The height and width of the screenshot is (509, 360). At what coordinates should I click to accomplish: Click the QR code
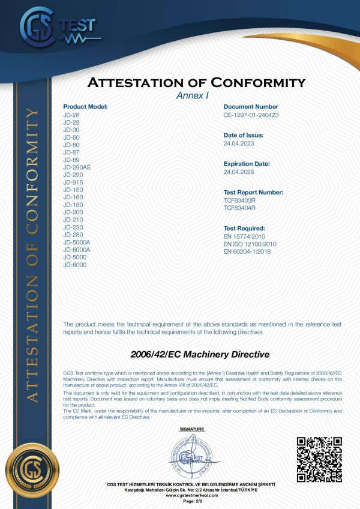[319, 459]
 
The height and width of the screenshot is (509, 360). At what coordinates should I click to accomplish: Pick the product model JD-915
[73, 182]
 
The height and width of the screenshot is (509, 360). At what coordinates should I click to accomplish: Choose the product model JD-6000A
[77, 249]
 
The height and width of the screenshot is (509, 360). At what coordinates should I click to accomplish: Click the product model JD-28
[71, 114]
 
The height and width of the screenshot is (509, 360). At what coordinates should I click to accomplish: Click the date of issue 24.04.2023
[238, 143]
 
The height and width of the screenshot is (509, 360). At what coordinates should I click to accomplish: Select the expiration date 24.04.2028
[238, 172]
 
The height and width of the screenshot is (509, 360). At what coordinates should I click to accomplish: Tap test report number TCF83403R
[239, 200]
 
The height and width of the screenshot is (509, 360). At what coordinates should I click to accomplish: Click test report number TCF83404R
[239, 208]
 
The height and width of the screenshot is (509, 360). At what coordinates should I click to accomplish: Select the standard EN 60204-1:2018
[247, 251]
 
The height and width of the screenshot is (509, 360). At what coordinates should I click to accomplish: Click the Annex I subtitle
[191, 95]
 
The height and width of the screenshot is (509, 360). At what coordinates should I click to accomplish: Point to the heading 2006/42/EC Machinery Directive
[200, 355]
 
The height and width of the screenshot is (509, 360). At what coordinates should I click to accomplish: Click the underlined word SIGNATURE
[192, 429]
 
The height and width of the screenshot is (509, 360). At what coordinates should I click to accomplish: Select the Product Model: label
[85, 106]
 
